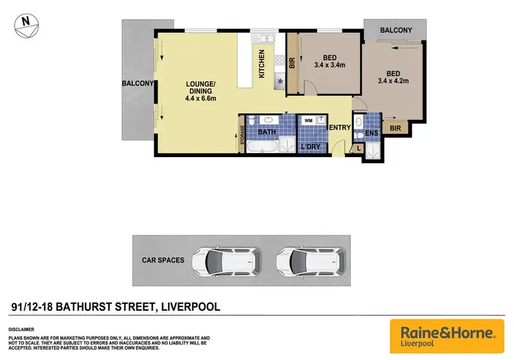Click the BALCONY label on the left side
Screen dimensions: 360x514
(x=138, y=83)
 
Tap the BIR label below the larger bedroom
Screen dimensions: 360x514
(x=395, y=128)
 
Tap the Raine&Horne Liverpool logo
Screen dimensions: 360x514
(x=447, y=335)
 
